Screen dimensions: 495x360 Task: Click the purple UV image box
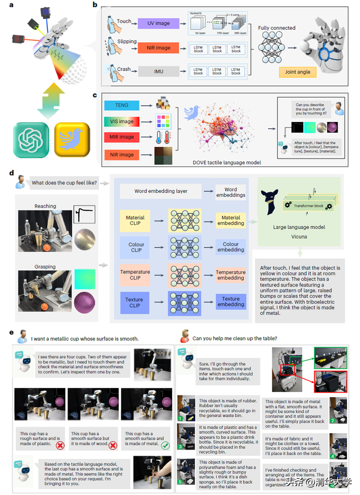(x=159, y=23)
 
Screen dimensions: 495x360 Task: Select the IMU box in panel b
(x=159, y=70)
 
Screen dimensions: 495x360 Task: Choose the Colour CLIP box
(x=135, y=247)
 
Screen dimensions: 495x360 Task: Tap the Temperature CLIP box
(x=135, y=274)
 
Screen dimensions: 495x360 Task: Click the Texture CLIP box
(x=135, y=301)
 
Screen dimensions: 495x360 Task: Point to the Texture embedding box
(x=231, y=302)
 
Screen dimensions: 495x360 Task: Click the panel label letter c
(x=94, y=96)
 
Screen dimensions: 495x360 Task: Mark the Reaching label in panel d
(x=45, y=206)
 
